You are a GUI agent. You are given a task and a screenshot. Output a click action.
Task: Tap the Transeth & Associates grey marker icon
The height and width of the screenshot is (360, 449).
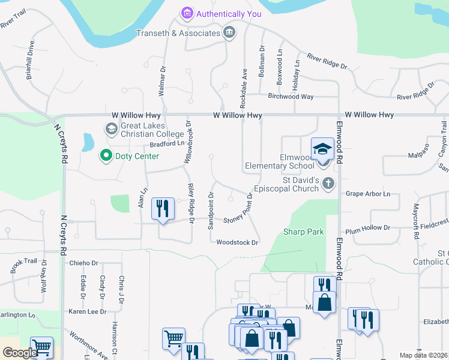click(229, 32)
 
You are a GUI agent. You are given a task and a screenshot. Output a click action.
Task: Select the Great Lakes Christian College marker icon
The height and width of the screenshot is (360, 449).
click(110, 129)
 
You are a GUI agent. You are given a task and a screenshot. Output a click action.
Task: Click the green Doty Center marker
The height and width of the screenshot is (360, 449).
click(106, 156)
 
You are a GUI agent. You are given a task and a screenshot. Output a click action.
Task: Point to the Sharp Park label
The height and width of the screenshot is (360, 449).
click(304, 232)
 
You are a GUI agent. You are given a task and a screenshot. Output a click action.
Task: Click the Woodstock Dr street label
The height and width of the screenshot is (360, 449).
click(237, 242)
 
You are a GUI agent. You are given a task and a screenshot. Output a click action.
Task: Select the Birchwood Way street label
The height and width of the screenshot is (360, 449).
click(291, 96)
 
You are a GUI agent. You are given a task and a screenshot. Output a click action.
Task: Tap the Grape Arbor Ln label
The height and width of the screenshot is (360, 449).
click(368, 194)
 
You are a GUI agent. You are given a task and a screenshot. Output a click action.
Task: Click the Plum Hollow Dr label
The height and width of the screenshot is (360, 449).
click(368, 228)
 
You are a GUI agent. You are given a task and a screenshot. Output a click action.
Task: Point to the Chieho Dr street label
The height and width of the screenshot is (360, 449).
click(83, 263)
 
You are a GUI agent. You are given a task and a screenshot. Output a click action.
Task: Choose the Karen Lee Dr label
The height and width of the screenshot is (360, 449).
click(84, 311)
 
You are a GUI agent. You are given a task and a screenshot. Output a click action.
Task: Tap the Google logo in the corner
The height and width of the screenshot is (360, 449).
click(19, 353)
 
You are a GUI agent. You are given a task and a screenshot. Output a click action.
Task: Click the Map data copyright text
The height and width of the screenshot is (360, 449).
click(423, 355)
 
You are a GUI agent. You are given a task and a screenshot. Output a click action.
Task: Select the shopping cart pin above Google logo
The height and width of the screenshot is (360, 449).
click(41, 347)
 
